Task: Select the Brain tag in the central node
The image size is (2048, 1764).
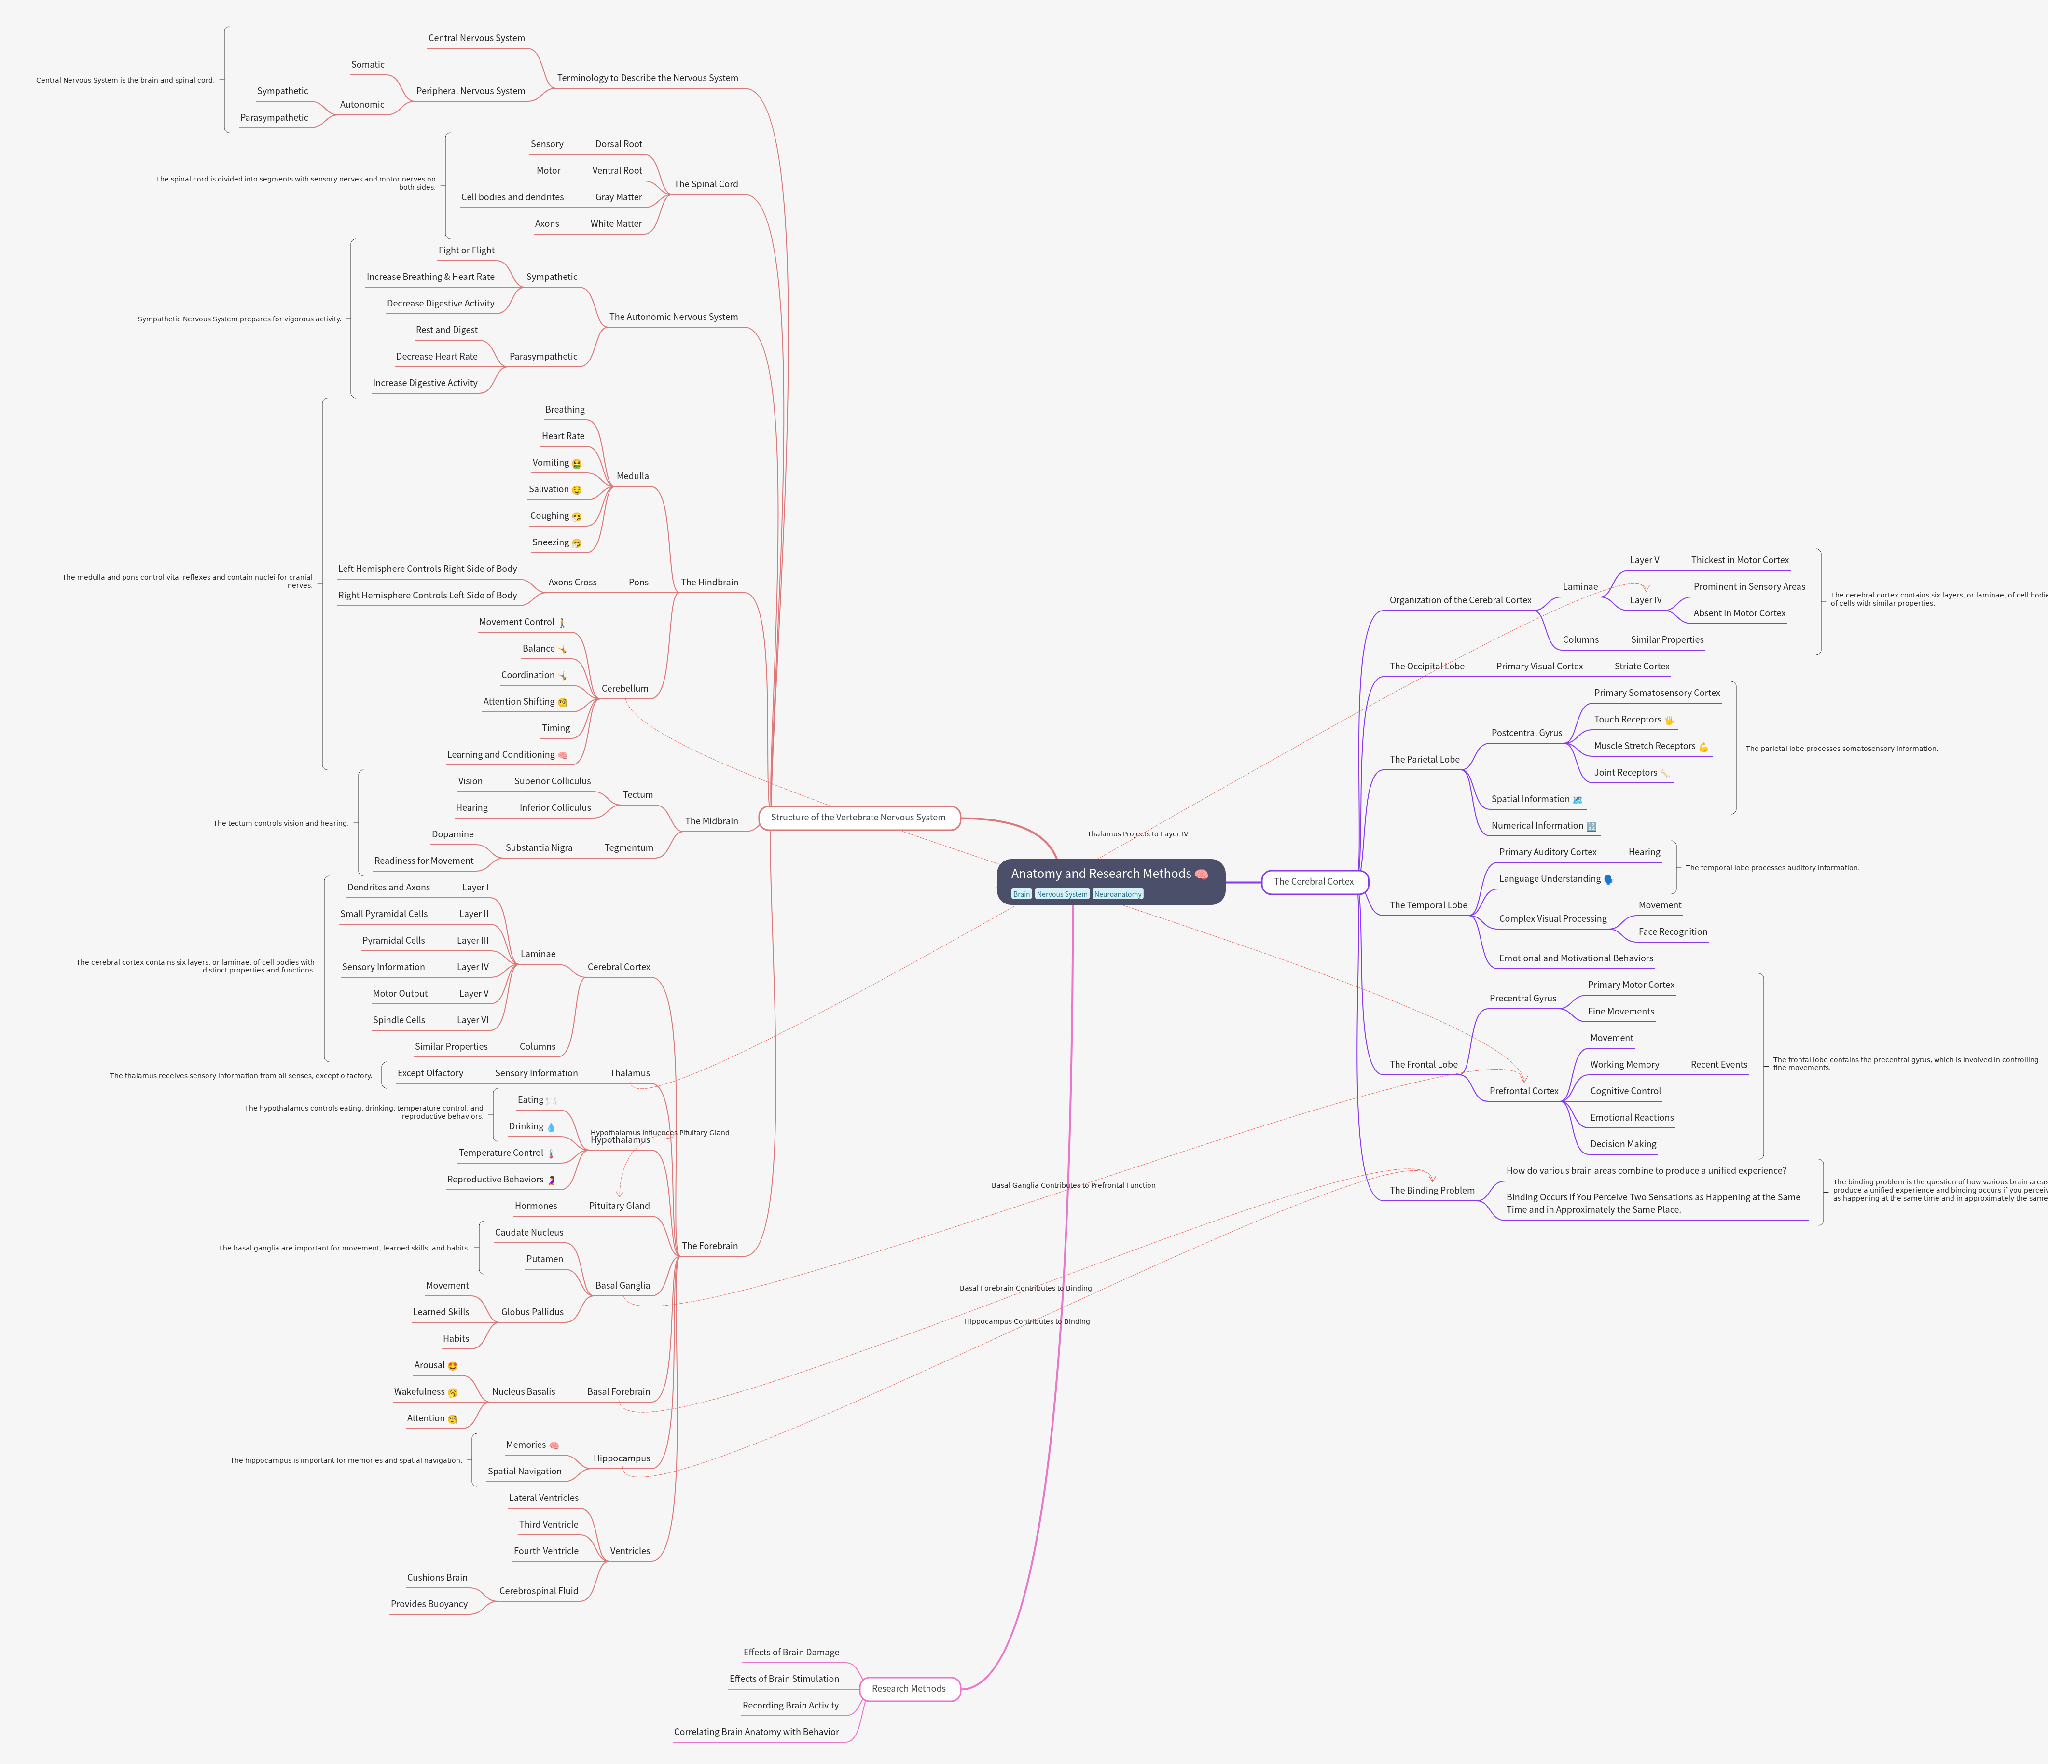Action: [1021, 894]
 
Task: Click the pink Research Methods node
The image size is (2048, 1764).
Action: [908, 1688]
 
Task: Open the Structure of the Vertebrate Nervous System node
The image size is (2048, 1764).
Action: [858, 818]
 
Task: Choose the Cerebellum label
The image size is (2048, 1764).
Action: [625, 688]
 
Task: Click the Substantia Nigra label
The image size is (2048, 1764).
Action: [539, 847]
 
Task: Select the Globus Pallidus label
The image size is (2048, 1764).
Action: [532, 1312]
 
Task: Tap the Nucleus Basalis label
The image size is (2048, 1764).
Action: [523, 1391]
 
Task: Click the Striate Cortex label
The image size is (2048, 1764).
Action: [1642, 667]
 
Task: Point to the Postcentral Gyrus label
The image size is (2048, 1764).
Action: [1526, 733]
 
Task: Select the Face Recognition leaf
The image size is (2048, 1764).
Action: [1673, 931]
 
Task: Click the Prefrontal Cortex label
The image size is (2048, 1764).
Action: [1523, 1091]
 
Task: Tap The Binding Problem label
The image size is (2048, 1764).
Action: [1431, 1191]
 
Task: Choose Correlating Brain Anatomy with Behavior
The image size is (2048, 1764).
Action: [756, 1731]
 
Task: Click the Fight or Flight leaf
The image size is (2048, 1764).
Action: [467, 250]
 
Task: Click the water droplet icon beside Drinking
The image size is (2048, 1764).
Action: [551, 1127]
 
